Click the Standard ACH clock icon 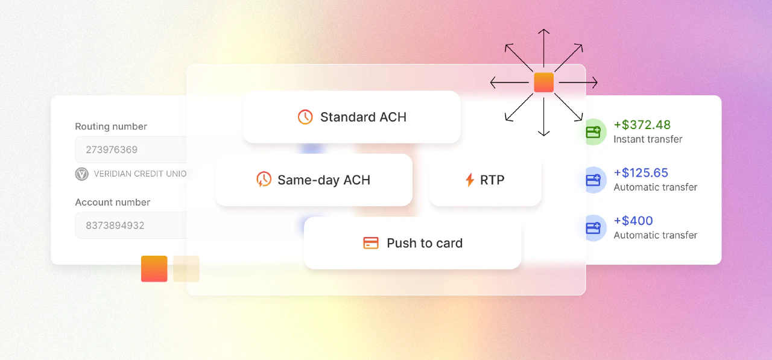pyautogui.click(x=305, y=117)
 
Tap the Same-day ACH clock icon pyautogui.click(x=264, y=180)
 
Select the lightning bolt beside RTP pyautogui.click(x=469, y=180)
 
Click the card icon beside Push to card pyautogui.click(x=371, y=243)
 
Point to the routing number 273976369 pyautogui.click(x=112, y=150)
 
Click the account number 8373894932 pyautogui.click(x=115, y=226)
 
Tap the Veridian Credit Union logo pyautogui.click(x=81, y=174)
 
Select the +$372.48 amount pyautogui.click(x=642, y=125)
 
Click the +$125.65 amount pyautogui.click(x=641, y=172)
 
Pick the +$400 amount pyautogui.click(x=633, y=221)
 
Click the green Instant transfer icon pyautogui.click(x=593, y=132)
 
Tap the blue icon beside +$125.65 pyautogui.click(x=593, y=180)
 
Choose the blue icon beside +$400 pyautogui.click(x=593, y=228)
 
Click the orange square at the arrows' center pyautogui.click(x=544, y=83)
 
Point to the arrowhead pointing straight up pyautogui.click(x=544, y=32)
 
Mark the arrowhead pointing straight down pyautogui.click(x=544, y=133)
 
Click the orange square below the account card pyautogui.click(x=154, y=269)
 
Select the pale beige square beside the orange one pyautogui.click(x=186, y=269)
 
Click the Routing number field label pyautogui.click(x=111, y=127)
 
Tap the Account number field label pyautogui.click(x=113, y=202)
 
